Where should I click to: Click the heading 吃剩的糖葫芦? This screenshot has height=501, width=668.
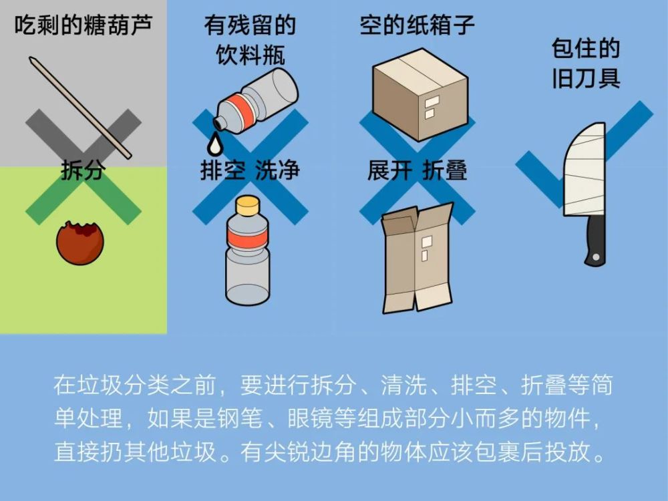click(x=83, y=25)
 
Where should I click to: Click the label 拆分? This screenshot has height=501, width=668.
click(x=83, y=170)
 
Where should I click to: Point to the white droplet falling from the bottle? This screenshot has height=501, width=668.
click(x=214, y=143)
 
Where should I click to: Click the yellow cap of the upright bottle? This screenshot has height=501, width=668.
click(x=247, y=205)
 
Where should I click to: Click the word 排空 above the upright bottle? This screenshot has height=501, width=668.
click(x=223, y=170)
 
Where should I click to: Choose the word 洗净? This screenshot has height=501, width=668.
click(x=277, y=170)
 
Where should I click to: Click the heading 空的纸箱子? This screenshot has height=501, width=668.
click(x=417, y=25)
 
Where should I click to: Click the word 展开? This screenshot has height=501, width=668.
click(x=389, y=170)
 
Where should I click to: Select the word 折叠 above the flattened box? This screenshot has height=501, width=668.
click(x=444, y=170)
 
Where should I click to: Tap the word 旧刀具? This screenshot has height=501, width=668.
click(x=586, y=78)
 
